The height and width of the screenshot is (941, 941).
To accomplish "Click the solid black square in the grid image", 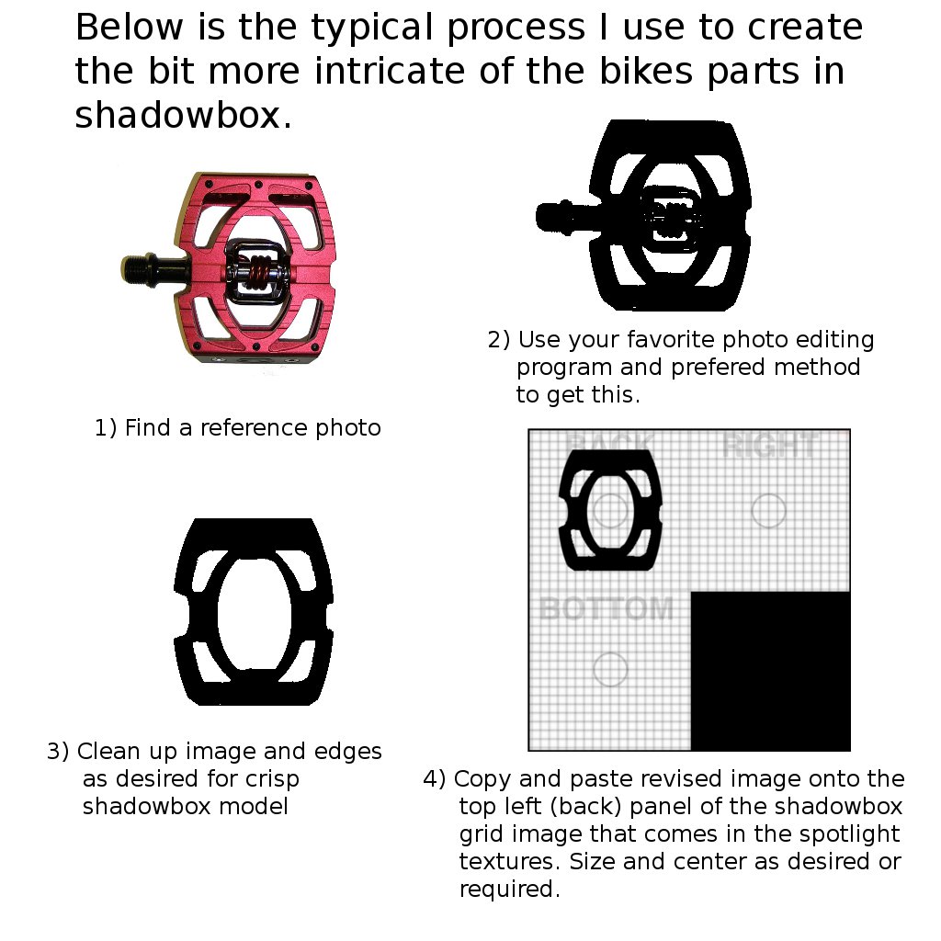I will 770,671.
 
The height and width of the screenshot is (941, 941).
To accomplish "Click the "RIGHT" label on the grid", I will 769,448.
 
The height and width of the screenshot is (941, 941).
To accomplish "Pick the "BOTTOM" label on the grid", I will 607,608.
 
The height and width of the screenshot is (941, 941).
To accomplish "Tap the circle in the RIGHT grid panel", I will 768,510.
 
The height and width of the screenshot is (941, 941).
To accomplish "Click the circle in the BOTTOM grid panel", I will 610,670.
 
